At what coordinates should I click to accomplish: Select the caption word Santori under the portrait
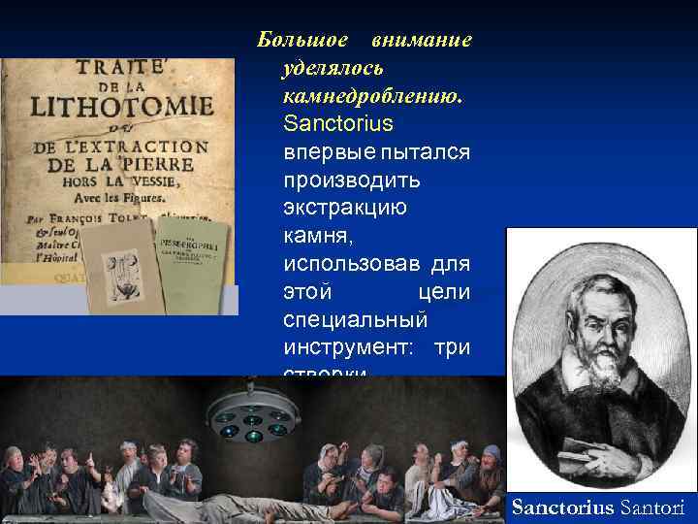pos(652,507)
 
